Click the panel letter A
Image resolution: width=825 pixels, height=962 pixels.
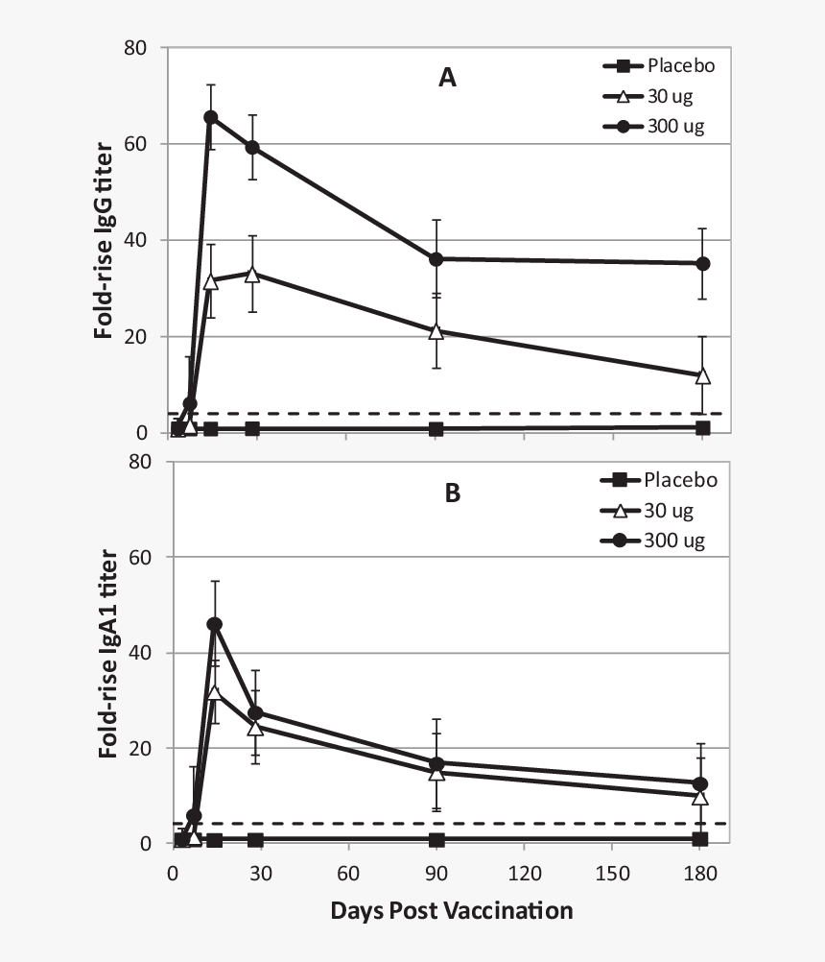coord(447,79)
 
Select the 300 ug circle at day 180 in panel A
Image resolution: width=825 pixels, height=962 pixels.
coord(702,263)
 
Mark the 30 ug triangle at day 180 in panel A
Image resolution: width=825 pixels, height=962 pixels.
coord(702,375)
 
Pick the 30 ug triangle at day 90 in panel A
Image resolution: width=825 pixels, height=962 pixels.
coord(436,331)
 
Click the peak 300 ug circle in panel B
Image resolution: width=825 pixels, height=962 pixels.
coord(215,624)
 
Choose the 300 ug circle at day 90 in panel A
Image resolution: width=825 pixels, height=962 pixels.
coord(436,259)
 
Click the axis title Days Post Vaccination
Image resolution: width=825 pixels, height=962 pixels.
coord(451,910)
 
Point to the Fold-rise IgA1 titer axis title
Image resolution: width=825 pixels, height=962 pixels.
coord(108,653)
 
